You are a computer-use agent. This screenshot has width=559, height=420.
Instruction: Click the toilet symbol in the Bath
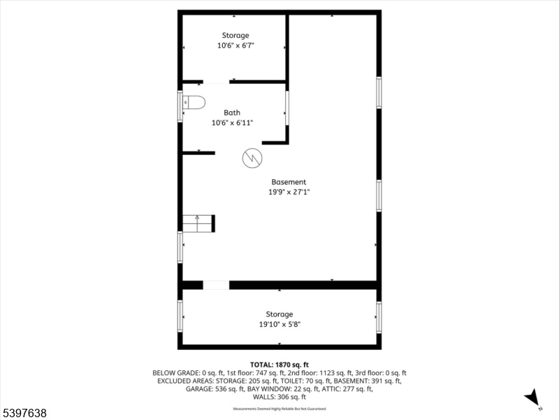194,102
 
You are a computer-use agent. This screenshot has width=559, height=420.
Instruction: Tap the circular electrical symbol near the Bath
252,158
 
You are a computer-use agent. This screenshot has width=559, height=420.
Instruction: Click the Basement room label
289,182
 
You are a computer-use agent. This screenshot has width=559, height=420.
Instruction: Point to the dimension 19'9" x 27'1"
289,192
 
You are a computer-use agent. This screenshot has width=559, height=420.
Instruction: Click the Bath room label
232,113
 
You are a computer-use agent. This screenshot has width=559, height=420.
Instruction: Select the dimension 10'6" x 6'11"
233,123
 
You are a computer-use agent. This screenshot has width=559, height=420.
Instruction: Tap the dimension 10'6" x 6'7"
235,45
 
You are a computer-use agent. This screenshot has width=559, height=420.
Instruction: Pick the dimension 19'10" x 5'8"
280,324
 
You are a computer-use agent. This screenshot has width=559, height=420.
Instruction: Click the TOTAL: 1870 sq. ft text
279,365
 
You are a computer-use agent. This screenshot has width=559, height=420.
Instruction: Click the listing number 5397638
24,413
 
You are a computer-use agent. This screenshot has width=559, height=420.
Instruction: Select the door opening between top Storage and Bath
216,82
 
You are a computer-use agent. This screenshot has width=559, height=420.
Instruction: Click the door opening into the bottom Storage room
216,285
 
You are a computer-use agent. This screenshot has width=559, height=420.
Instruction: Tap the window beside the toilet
180,106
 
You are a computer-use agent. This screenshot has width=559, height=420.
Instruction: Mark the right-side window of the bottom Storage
379,318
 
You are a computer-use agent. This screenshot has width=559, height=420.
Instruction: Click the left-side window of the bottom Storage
180,316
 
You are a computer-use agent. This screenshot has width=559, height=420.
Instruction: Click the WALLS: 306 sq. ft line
279,397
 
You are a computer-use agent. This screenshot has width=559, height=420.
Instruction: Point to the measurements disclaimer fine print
279,409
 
